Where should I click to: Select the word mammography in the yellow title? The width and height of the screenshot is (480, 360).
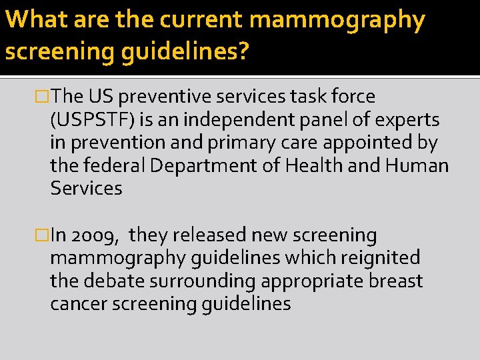(x=337, y=20)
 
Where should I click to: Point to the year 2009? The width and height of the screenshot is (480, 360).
(x=96, y=235)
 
